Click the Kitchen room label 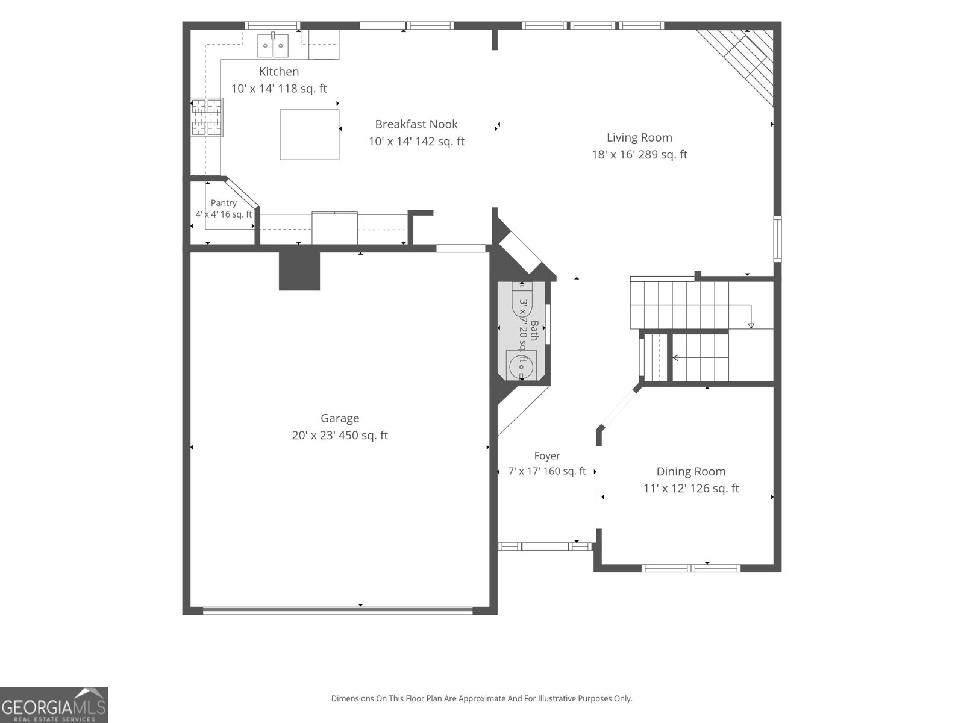[278, 72]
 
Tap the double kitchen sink [273, 46]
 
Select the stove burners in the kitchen [207, 117]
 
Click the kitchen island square [310, 135]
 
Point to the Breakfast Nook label [416, 124]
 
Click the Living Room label [639, 138]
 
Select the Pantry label [224, 203]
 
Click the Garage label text [340, 419]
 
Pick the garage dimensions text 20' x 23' [316, 436]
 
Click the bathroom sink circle [521, 366]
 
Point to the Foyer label [547, 456]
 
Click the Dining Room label [691, 472]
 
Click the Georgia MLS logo [54, 705]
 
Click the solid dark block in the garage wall [299, 271]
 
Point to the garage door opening [338, 610]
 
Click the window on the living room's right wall [777, 239]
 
